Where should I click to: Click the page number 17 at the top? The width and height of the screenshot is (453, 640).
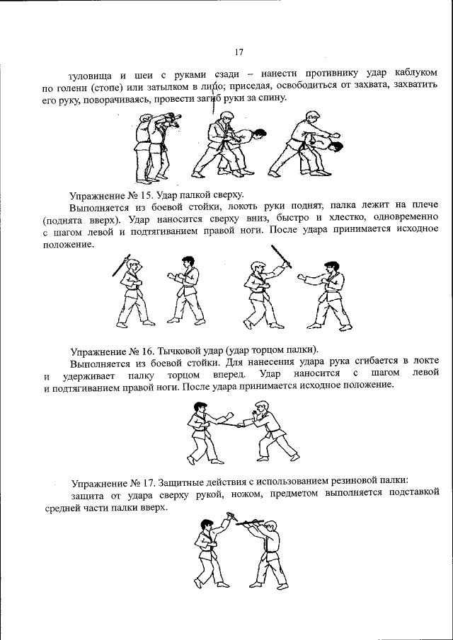click(x=238, y=51)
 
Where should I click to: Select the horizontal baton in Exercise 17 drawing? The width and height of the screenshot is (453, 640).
click(x=251, y=522)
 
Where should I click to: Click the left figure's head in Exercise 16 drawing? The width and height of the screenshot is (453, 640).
click(x=201, y=408)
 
